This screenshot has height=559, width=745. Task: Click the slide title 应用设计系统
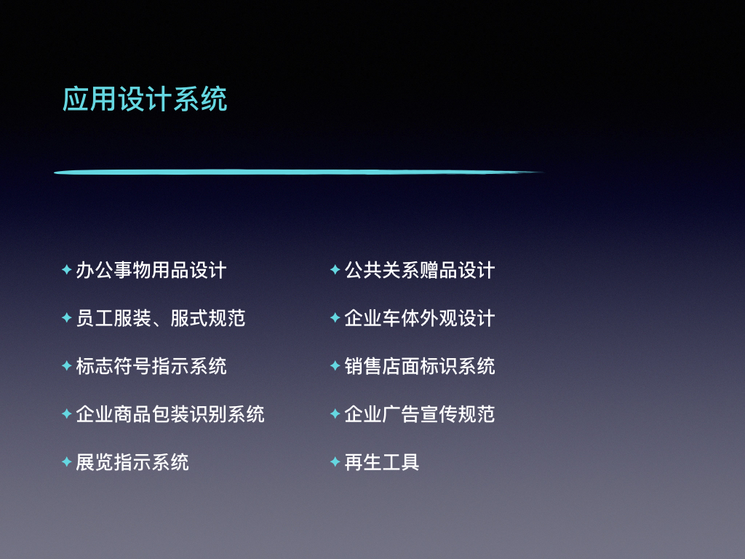[145, 99]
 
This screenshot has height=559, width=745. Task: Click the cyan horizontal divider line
[298, 172]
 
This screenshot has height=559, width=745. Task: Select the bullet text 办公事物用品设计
[151, 270]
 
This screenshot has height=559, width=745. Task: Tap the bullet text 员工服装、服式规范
[161, 318]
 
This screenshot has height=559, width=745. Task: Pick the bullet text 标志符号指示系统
[151, 366]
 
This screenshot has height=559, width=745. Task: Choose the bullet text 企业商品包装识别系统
[170, 414]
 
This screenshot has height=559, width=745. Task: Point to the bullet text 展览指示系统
[132, 462]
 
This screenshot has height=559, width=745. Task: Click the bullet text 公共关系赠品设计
[420, 270]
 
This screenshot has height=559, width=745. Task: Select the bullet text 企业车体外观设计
[420, 318]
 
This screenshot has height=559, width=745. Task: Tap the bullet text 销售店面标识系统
[420, 366]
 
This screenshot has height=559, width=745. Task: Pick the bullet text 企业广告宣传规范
[420, 414]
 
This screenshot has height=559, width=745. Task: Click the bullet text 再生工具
[381, 462]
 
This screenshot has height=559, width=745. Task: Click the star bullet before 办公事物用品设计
[66, 269]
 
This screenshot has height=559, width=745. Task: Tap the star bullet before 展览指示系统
[66, 461]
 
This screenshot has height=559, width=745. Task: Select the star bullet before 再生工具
[335, 461]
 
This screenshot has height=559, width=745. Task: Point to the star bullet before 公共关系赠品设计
[335, 269]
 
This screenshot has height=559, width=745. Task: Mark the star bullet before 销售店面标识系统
[335, 365]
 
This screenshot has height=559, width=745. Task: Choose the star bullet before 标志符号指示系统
[66, 365]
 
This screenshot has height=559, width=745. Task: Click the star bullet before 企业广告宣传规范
[335, 413]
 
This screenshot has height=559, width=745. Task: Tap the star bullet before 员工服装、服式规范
[66, 317]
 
